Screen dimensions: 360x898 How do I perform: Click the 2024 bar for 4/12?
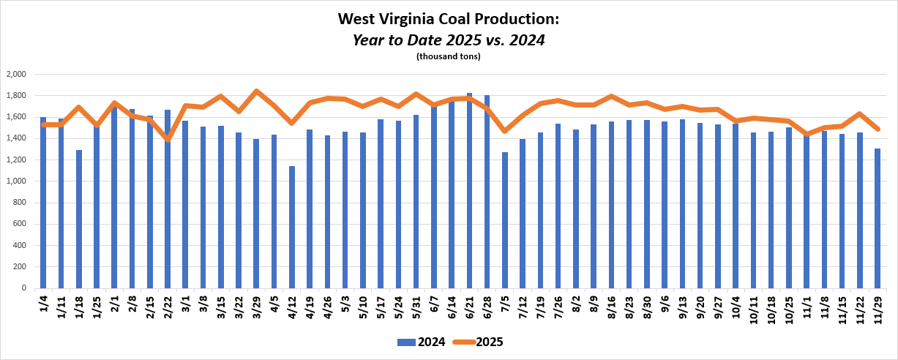click(x=292, y=227)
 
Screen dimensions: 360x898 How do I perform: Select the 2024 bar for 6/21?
click(x=469, y=190)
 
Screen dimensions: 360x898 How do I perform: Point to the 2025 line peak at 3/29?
click(x=256, y=91)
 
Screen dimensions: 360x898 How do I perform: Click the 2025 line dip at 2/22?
click(x=168, y=139)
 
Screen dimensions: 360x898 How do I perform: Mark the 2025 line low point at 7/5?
click(x=505, y=131)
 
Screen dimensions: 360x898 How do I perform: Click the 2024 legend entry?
click(x=418, y=342)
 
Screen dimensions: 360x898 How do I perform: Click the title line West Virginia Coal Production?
click(x=449, y=18)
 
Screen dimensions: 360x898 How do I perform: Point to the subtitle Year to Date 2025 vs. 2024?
click(x=449, y=40)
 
